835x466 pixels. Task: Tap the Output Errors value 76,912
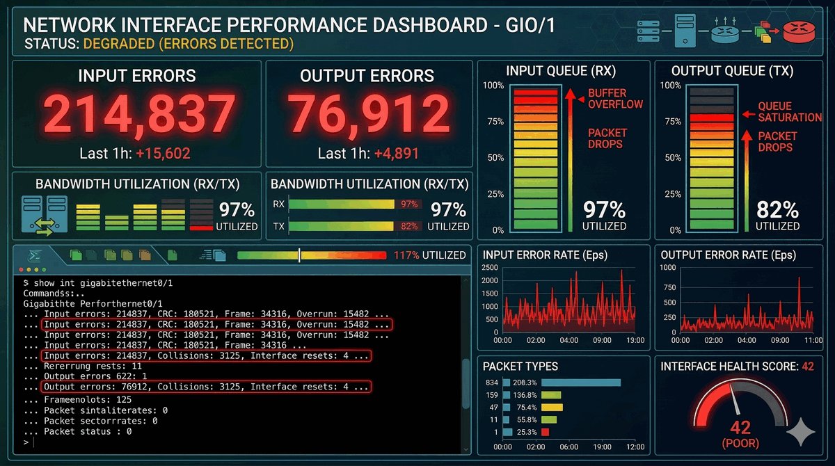[x=369, y=113]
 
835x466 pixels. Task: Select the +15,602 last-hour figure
[x=164, y=154]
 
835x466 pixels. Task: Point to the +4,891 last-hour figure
[x=397, y=154]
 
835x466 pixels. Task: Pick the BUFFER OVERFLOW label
[x=607, y=99]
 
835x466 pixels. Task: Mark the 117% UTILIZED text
[x=429, y=255]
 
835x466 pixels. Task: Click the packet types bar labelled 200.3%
[x=580, y=382]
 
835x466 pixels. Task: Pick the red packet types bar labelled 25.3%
[x=545, y=432]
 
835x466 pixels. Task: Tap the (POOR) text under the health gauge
[x=740, y=443]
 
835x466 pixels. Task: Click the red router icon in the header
[x=797, y=31]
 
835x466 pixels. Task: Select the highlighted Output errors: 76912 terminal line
[x=205, y=387]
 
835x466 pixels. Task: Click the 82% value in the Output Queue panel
[x=777, y=209]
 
